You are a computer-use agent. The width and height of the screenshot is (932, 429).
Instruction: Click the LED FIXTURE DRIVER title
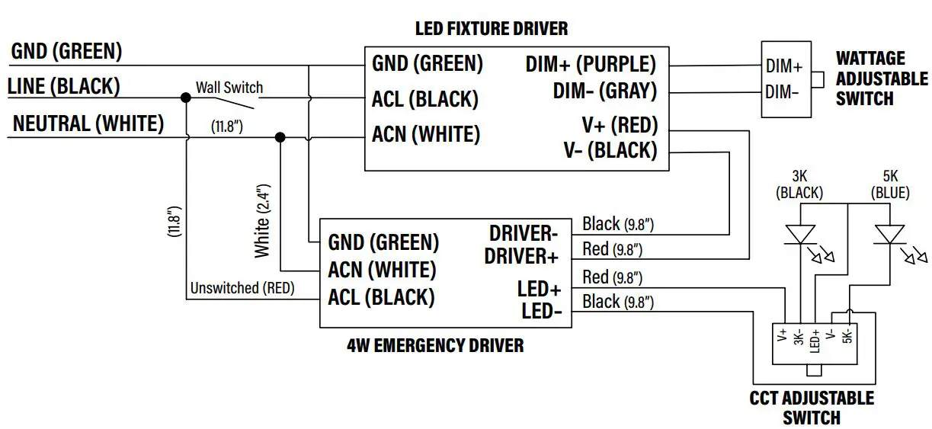click(x=491, y=29)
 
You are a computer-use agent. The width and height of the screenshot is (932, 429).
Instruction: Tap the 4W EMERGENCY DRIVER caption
click(x=435, y=346)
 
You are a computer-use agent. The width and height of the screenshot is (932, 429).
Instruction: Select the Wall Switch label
click(x=229, y=88)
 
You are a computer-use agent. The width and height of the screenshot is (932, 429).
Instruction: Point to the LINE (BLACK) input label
click(x=64, y=87)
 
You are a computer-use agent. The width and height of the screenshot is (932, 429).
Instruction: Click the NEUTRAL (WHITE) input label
click(x=88, y=124)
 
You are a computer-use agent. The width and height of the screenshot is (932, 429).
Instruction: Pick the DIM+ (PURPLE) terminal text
click(x=591, y=64)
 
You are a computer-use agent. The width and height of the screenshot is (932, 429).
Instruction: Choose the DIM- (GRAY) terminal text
click(x=604, y=91)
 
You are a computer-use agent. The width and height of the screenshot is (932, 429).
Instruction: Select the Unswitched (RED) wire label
click(x=242, y=289)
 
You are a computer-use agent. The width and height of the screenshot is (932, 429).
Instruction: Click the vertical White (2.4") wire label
click(x=262, y=220)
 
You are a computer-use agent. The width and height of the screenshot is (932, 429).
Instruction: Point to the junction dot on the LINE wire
click(x=185, y=98)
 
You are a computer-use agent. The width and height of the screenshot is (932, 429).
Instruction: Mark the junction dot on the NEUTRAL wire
click(x=280, y=137)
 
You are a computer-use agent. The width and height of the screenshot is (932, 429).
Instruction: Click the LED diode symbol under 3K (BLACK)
click(x=799, y=235)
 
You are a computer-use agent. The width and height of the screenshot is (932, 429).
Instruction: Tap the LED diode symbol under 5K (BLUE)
click(x=889, y=235)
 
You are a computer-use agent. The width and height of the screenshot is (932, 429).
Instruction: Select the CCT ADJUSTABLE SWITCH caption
click(x=812, y=408)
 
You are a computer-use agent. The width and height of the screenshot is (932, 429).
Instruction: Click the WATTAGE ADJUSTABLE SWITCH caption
click(x=882, y=78)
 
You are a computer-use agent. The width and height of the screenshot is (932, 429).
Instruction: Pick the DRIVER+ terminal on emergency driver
click(x=521, y=256)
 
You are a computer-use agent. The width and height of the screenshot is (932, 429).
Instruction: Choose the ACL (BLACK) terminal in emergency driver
click(x=381, y=297)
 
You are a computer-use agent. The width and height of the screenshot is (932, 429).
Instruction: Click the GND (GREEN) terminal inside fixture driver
click(x=428, y=64)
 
